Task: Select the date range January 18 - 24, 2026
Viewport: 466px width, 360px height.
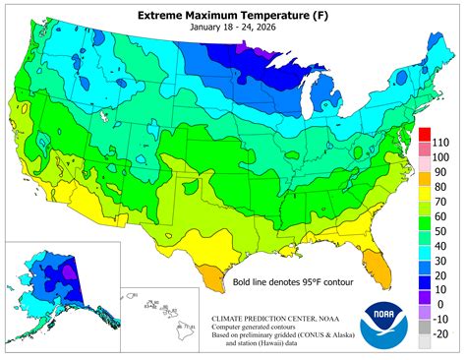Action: click(x=232, y=30)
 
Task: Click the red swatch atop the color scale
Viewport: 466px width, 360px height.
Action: click(x=424, y=133)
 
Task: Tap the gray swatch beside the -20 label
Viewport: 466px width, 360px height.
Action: click(x=424, y=341)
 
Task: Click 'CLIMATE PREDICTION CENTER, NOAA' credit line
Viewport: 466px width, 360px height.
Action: click(x=277, y=320)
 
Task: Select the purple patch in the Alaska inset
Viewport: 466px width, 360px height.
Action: click(x=69, y=271)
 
